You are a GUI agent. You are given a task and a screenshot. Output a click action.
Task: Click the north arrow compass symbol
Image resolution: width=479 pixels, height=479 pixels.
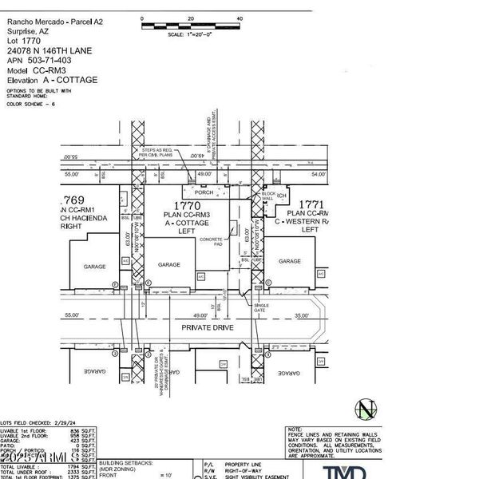coord(366,410)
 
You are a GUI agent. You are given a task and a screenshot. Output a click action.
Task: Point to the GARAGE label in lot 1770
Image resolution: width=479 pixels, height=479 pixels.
coord(168,264)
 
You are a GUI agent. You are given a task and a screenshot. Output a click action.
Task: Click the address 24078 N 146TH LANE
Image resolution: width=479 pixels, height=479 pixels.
coord(48,51)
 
